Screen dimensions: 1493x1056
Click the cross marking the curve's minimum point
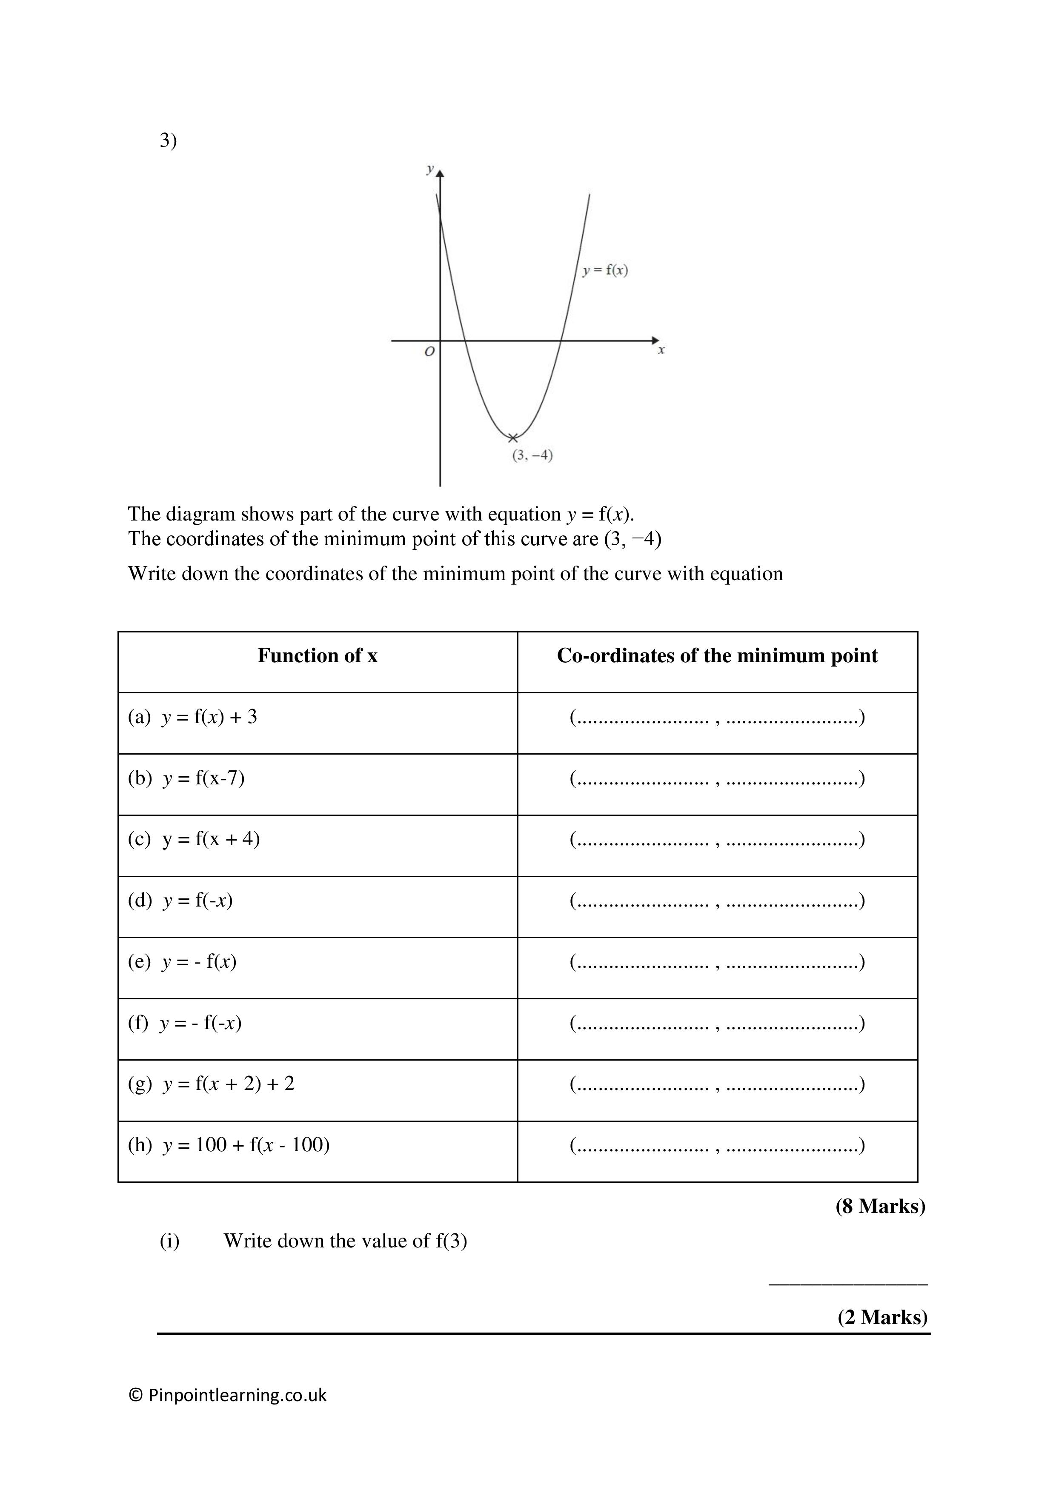(513, 438)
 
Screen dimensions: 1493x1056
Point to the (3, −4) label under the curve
(532, 455)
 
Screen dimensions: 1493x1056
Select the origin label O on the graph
(429, 352)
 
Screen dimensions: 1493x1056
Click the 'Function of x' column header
(318, 655)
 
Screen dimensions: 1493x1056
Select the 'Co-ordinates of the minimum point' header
(717, 655)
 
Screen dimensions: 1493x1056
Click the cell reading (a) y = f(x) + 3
(193, 717)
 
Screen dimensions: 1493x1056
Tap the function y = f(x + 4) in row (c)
(195, 839)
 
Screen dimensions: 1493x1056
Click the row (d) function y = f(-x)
(181, 900)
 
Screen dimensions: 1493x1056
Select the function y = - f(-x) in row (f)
(185, 1022)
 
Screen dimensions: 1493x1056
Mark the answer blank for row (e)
(717, 962)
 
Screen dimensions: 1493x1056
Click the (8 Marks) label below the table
(880, 1206)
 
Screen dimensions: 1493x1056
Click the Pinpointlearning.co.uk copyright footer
(228, 1395)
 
